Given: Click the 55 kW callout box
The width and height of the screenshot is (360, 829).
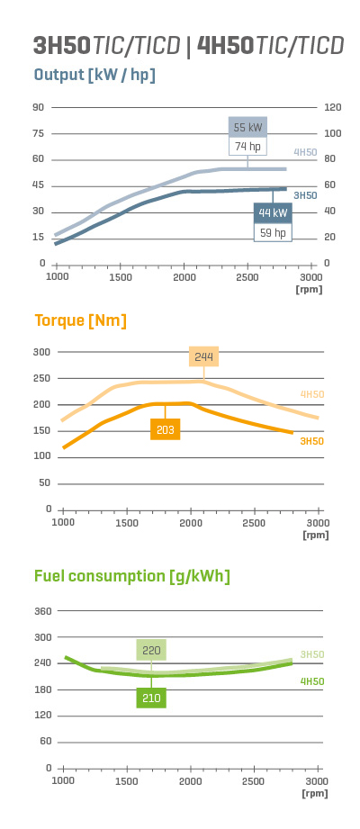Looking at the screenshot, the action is tap(247, 128).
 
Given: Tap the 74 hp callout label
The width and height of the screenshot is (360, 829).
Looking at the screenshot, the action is tap(247, 147).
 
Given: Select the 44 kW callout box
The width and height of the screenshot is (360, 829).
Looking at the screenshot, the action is tap(273, 213).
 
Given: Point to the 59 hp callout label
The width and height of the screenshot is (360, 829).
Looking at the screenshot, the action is tap(273, 232).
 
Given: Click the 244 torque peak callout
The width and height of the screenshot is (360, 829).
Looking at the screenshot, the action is tap(204, 356).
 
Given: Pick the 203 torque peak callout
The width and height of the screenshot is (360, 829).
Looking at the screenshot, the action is tap(166, 429).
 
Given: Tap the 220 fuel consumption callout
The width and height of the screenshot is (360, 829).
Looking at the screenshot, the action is tap(152, 650).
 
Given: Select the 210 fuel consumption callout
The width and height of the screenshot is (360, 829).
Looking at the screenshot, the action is tap(152, 698).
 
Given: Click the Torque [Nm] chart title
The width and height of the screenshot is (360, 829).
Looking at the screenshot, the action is tap(80, 321).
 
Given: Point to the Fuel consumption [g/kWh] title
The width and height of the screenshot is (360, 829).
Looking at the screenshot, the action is tap(132, 576).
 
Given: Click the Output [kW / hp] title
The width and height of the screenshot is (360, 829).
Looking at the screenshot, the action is tap(94, 75).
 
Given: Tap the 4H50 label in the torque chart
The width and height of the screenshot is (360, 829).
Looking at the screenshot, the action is tap(312, 394).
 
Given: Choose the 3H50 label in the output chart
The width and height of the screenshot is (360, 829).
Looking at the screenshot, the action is tap(306, 195).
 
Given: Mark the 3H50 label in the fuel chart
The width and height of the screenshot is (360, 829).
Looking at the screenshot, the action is tap(312, 654).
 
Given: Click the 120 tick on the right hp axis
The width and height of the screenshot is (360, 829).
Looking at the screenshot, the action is tap(332, 107).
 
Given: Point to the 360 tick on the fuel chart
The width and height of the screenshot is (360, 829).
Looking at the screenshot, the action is tap(42, 611).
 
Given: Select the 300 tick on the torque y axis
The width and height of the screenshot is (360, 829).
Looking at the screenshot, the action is tap(42, 352).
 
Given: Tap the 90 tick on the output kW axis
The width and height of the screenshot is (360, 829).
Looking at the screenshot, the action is tap(39, 107).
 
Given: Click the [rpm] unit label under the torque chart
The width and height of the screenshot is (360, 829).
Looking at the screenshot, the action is tap(316, 535).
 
